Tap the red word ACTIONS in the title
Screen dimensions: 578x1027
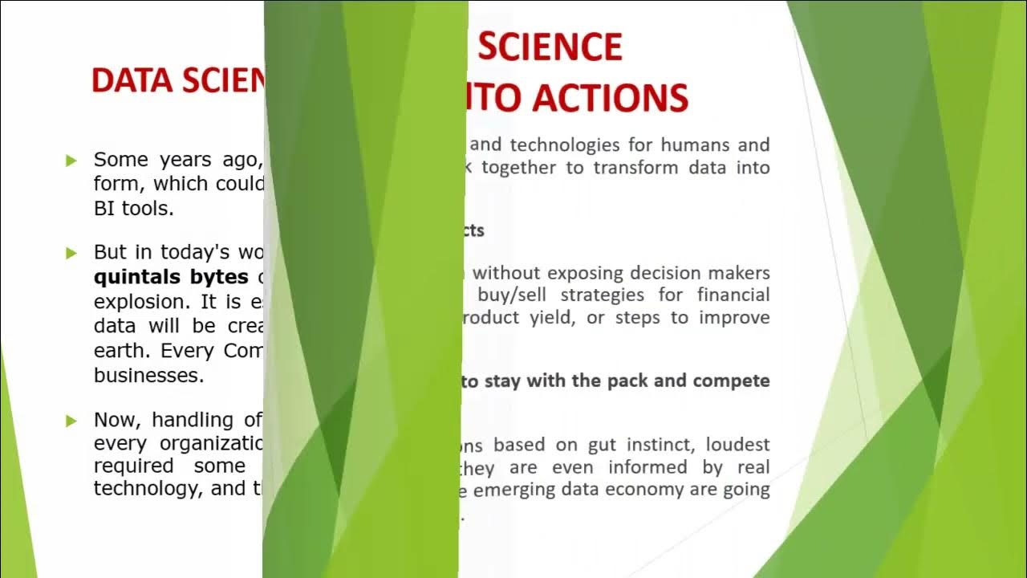[611, 98]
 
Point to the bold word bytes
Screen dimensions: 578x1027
[219, 277]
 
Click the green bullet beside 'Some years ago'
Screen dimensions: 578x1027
[72, 161]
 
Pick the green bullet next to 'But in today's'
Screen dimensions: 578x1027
[72, 253]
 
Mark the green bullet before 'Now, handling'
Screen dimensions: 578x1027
[72, 421]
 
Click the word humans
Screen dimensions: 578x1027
[696, 145]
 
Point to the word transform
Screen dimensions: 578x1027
[635, 168]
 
